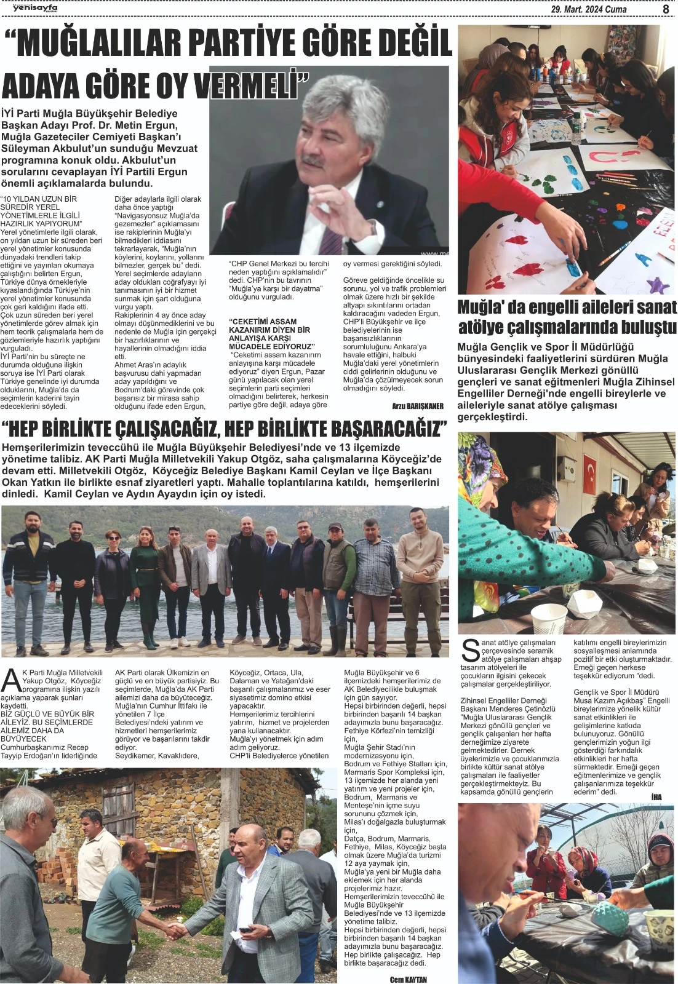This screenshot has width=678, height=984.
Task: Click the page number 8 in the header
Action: coord(666,9)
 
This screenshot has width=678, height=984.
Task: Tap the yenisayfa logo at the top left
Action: coord(22,8)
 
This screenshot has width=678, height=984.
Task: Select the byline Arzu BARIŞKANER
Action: coord(418,407)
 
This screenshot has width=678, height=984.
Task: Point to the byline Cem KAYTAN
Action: coord(408,979)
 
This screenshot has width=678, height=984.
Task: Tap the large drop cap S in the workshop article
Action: coord(470,651)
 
